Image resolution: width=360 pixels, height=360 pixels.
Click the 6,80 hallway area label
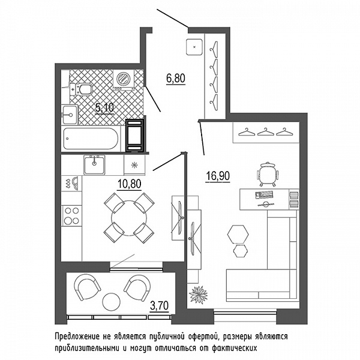176,79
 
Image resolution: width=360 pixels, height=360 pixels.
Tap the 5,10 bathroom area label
104,107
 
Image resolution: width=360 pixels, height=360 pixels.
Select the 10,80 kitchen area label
129,184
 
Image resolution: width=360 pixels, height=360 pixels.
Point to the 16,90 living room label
218,176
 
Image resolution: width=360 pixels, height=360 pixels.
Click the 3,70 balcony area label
159,306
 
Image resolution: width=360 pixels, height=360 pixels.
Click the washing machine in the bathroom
124,79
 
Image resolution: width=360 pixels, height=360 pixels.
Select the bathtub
91,139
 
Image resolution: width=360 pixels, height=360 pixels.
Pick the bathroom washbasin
70,115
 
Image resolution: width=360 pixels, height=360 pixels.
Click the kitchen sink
94,165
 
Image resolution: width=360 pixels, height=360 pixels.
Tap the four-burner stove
71,216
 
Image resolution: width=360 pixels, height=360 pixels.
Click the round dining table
129,218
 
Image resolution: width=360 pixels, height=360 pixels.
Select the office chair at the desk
268,174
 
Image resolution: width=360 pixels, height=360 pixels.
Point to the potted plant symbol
199,295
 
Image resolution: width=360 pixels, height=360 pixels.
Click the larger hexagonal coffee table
238,234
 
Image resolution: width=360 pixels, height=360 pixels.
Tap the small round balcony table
112,302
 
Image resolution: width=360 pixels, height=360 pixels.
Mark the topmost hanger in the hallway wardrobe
214,47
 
